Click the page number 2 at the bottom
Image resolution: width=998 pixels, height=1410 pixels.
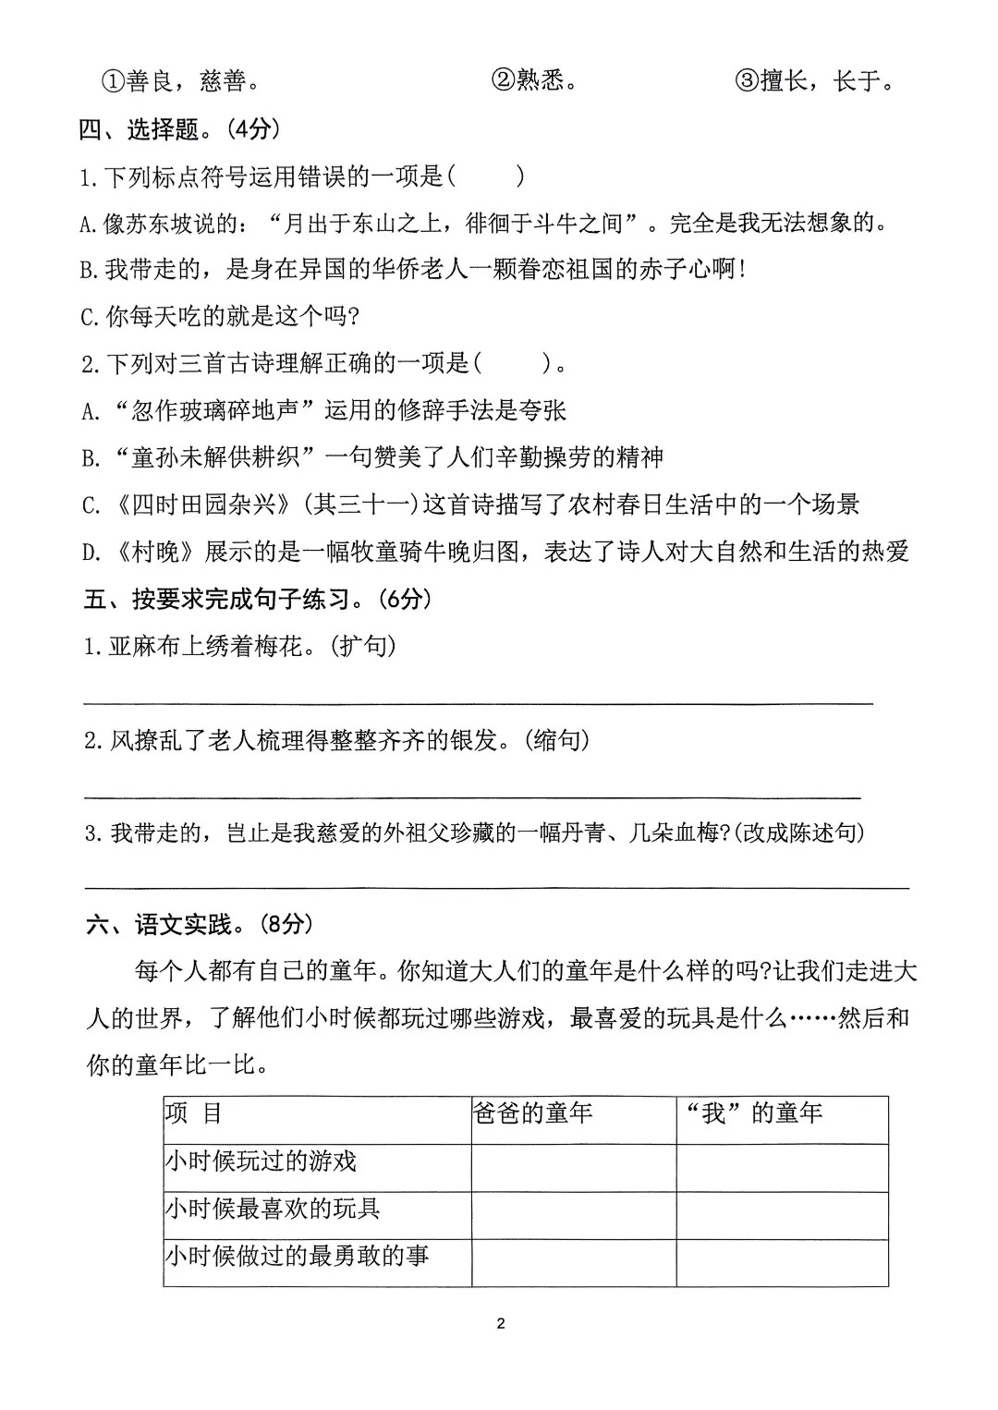point(501,1324)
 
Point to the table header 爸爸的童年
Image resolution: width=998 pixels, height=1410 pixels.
point(532,1113)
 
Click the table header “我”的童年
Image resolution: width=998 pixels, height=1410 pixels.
point(753,1113)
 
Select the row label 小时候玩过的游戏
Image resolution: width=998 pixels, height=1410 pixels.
point(261,1161)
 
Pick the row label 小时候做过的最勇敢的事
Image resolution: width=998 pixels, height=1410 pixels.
point(297,1256)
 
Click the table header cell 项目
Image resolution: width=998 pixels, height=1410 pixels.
point(194,1113)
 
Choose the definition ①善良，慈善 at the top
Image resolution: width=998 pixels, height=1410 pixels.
point(179,81)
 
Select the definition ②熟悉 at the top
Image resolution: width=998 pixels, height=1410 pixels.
point(535,81)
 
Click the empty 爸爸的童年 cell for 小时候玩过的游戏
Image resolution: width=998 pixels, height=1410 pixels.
point(573,1168)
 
